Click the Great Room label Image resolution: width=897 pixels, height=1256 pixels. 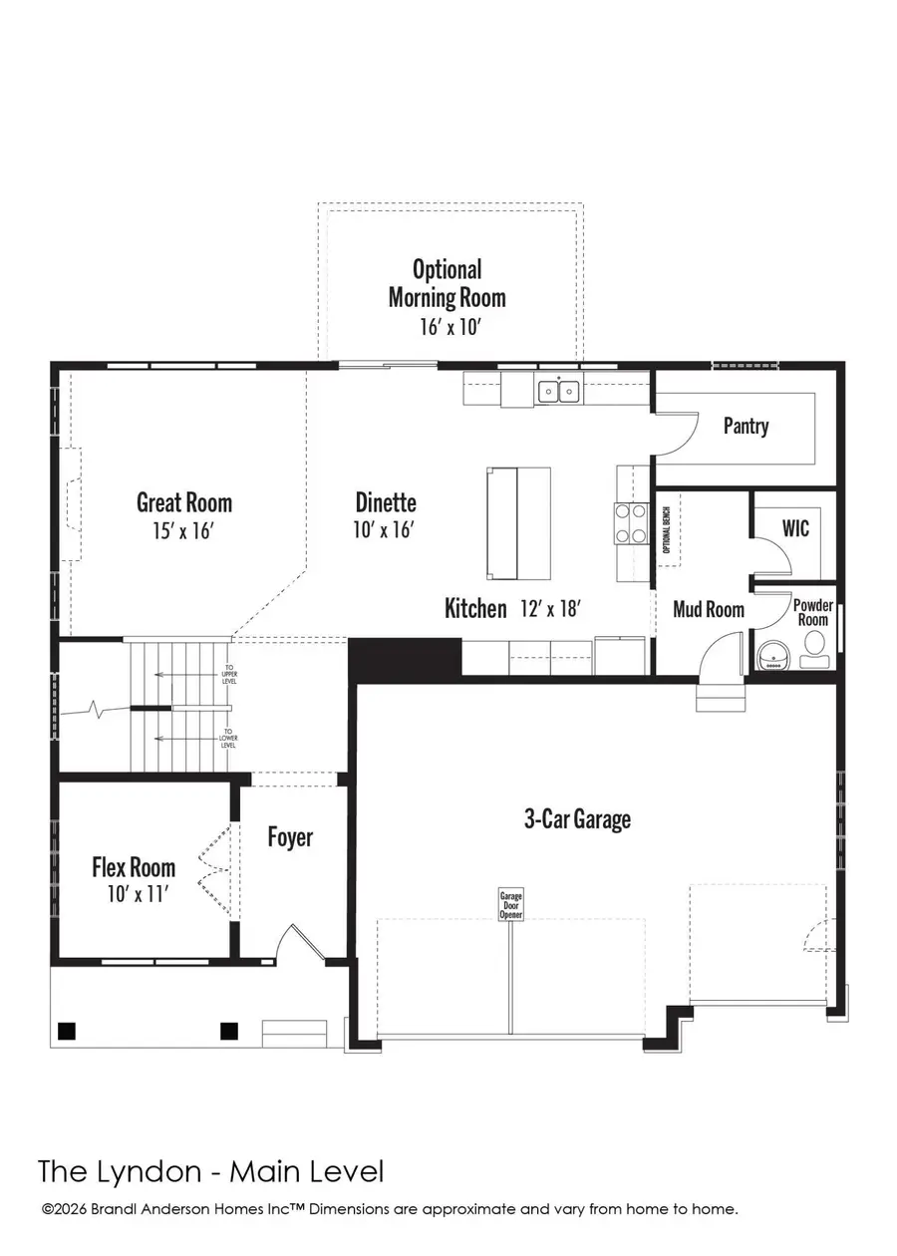click(184, 503)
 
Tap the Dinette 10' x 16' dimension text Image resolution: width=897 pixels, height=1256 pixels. click(385, 530)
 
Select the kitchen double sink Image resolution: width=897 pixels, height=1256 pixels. click(559, 391)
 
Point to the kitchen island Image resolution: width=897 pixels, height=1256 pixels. click(518, 522)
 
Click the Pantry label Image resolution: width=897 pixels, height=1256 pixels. click(746, 427)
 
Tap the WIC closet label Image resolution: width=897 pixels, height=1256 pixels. click(795, 527)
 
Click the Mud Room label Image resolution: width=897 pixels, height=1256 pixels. click(709, 609)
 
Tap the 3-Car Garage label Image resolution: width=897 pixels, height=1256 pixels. click(577, 819)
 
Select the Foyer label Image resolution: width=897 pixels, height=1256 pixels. click(290, 837)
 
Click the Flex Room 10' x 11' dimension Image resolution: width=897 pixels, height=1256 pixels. click(134, 894)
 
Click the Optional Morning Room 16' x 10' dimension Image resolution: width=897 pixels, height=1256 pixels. click(447, 326)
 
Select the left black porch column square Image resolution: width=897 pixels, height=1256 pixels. click(68, 1030)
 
